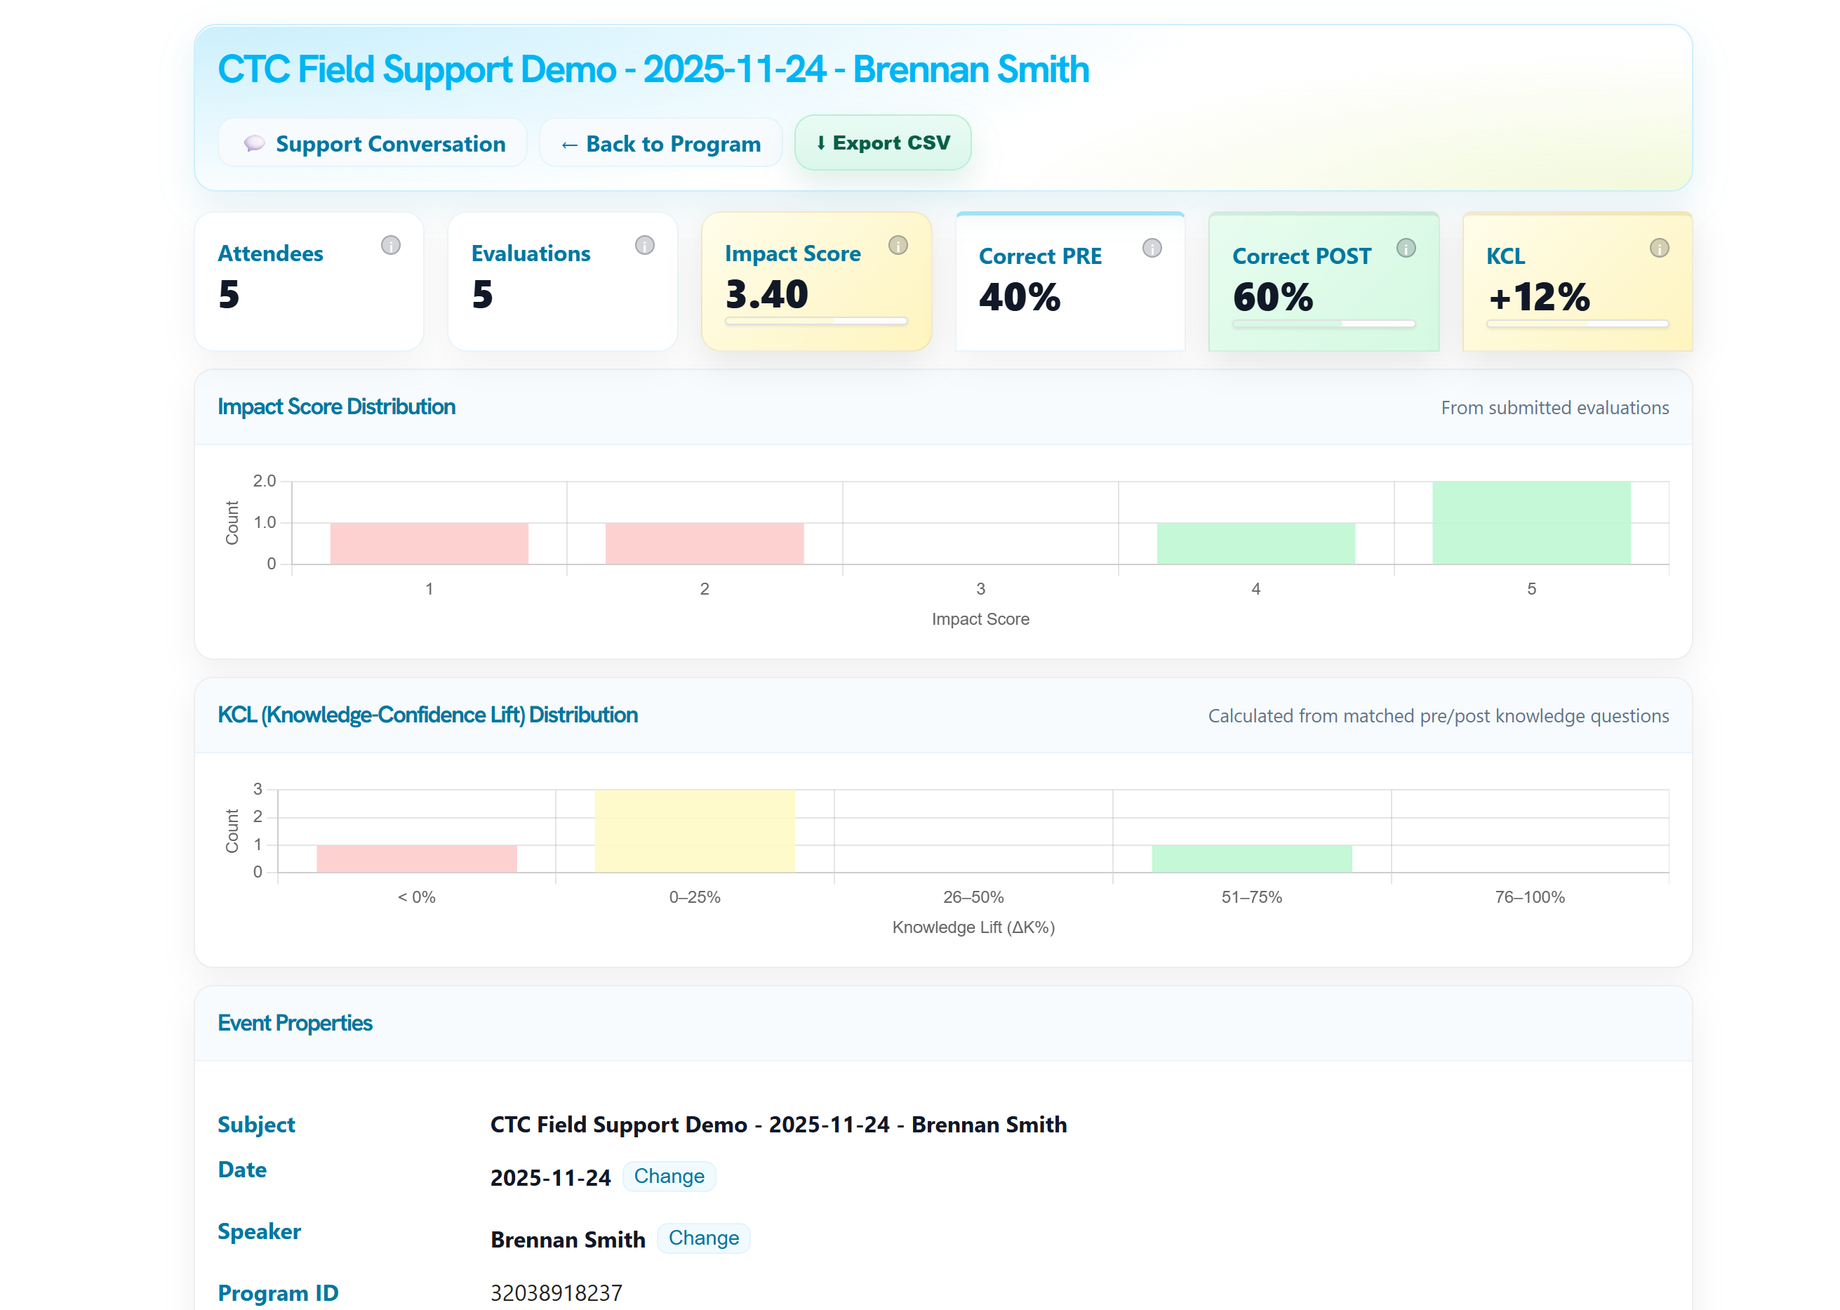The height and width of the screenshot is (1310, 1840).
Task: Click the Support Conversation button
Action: pos(373,144)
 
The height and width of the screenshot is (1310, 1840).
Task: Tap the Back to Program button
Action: pos(660,144)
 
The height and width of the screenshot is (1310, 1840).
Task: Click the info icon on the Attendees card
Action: pos(390,245)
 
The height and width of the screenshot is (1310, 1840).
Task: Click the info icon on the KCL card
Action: pos(1658,248)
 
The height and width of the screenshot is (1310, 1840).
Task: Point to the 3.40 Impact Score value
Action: pos(766,294)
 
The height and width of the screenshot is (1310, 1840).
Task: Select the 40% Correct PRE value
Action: pos(1019,297)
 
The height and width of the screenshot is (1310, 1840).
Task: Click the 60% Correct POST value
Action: pos(1272,297)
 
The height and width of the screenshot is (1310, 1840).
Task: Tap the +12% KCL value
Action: pos(1538,297)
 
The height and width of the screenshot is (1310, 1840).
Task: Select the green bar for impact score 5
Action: pos(1531,523)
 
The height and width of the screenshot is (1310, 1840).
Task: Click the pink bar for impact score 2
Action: pos(704,543)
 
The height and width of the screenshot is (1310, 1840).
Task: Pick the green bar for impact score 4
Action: pos(1255,543)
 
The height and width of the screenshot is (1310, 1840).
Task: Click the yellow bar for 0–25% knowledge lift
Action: pos(694,831)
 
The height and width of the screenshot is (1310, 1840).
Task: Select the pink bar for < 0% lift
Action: pos(416,859)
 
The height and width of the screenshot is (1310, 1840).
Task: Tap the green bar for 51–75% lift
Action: pos(1251,859)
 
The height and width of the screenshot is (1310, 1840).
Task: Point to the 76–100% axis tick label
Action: pos(1528,897)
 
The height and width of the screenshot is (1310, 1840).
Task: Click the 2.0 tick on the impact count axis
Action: pos(265,482)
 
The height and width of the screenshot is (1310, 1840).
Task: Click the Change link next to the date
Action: pos(669,1176)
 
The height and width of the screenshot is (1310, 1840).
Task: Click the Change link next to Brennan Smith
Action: pos(703,1238)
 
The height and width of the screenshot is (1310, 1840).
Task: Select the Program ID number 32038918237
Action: pos(556,1293)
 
